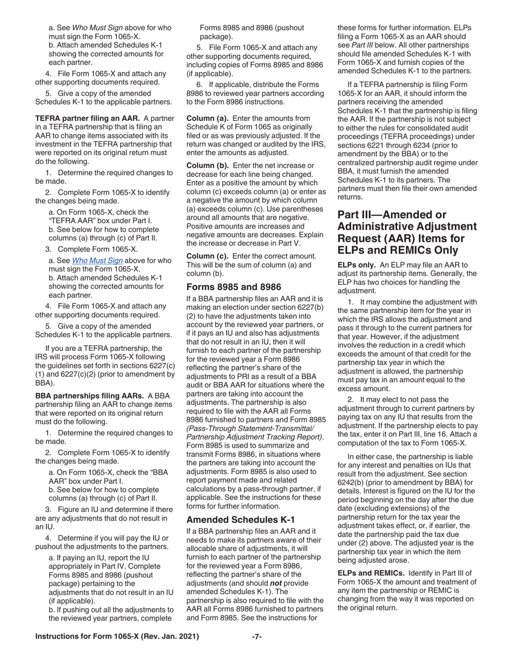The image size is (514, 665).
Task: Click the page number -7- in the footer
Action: pyautogui.click(x=257, y=637)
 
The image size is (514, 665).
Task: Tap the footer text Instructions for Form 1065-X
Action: pyautogui.click(x=117, y=637)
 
